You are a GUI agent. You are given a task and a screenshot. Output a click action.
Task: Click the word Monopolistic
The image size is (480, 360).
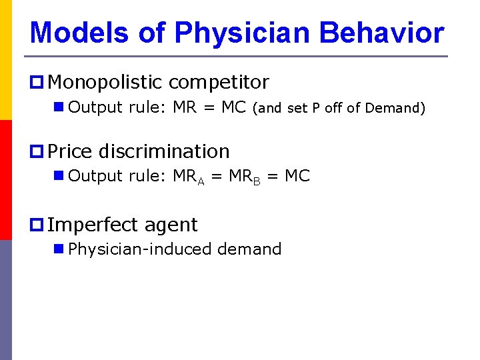[x=105, y=83]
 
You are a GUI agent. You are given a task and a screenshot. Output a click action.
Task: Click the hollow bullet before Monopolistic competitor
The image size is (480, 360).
[x=37, y=83]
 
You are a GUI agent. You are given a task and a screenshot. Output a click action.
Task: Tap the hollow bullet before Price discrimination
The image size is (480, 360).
[x=37, y=152]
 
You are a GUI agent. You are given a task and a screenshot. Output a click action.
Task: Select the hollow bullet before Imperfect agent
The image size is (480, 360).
[x=37, y=225]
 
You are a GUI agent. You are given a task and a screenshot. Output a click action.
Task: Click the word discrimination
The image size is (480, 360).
[x=164, y=151]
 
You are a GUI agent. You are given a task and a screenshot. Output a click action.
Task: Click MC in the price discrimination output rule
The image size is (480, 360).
[x=297, y=176]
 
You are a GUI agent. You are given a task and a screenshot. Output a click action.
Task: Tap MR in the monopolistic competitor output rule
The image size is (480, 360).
[x=185, y=107]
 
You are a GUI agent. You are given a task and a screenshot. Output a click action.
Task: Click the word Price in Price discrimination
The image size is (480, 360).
[x=71, y=151]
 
